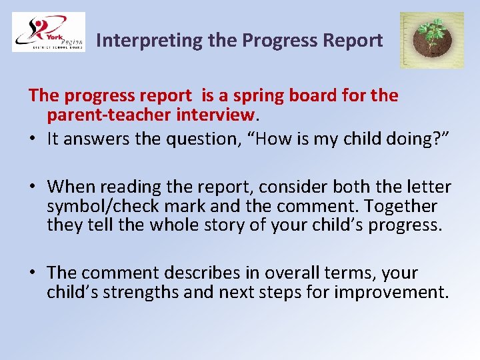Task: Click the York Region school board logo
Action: (49, 32)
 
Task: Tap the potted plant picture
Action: (431, 40)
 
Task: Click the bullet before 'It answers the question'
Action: (33, 139)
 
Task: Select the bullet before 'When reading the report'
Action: (33, 187)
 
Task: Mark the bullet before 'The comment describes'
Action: (33, 273)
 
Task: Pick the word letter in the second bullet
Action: (427, 187)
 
